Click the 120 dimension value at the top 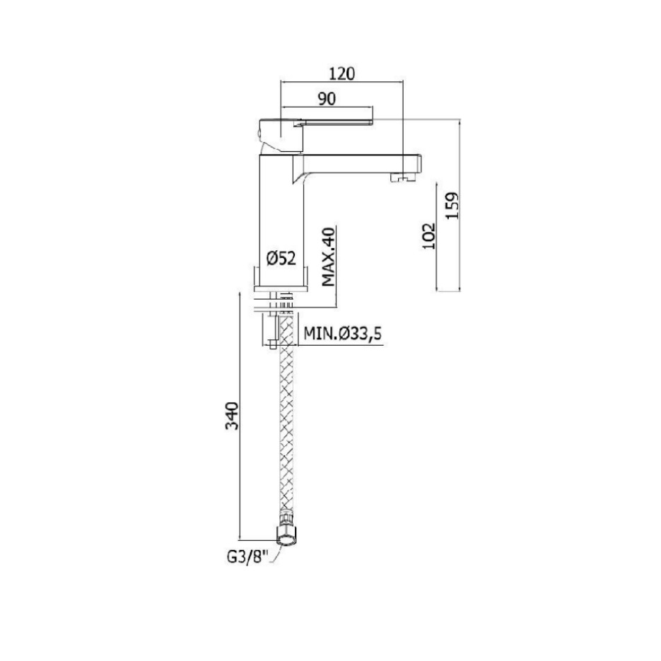[342, 74]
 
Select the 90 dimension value [327, 99]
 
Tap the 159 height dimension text [452, 206]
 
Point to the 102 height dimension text [428, 236]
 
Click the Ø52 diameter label [281, 258]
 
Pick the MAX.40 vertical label [328, 257]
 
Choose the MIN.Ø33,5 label [342, 334]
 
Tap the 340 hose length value [232, 416]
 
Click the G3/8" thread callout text [248, 557]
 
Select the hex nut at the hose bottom [288, 537]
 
